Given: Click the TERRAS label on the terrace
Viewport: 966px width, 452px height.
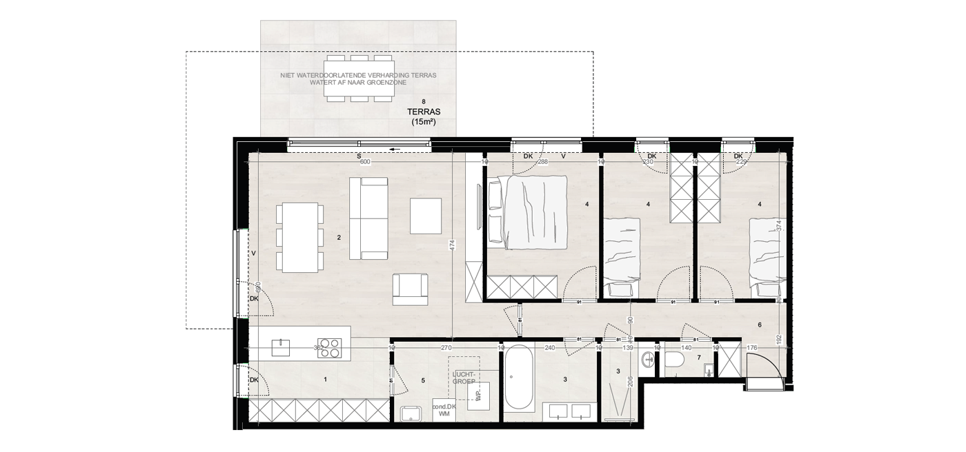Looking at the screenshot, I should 424,111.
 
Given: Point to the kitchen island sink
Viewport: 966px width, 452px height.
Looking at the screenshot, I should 281,347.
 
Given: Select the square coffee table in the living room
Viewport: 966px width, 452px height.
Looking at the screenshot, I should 426,216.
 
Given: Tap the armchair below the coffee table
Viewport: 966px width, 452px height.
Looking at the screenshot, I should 410,289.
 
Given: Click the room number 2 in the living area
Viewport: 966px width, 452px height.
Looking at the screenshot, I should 339,238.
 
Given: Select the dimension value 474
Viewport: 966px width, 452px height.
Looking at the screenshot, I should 453,252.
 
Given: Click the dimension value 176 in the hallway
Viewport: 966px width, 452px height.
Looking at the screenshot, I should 752,349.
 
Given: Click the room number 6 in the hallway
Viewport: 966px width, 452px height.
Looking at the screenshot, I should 759,325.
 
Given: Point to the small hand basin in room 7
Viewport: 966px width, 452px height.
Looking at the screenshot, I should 709,371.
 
